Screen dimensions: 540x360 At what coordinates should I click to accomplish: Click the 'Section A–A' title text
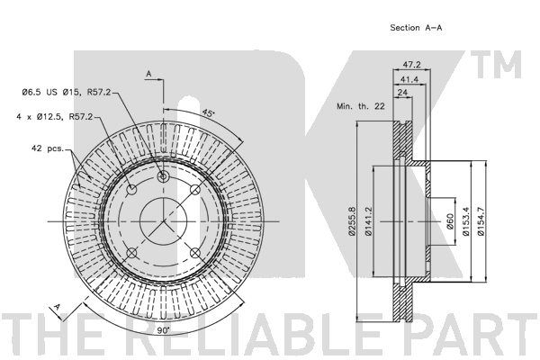point(416,28)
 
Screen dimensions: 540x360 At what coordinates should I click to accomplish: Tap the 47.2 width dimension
point(412,65)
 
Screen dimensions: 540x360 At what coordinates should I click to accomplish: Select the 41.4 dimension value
point(409,79)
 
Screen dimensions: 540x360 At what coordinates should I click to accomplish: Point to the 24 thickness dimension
point(402,92)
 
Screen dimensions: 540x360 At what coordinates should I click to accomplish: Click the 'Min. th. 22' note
point(361,106)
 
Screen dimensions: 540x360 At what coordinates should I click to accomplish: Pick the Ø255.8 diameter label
point(352,221)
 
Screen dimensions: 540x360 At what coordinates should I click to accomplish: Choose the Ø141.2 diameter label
point(368,221)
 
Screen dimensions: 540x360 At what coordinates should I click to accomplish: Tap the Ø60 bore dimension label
point(450,221)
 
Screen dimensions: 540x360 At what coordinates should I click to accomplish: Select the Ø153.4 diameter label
point(466,221)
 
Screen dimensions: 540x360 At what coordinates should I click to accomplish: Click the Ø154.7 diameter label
point(481,221)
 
